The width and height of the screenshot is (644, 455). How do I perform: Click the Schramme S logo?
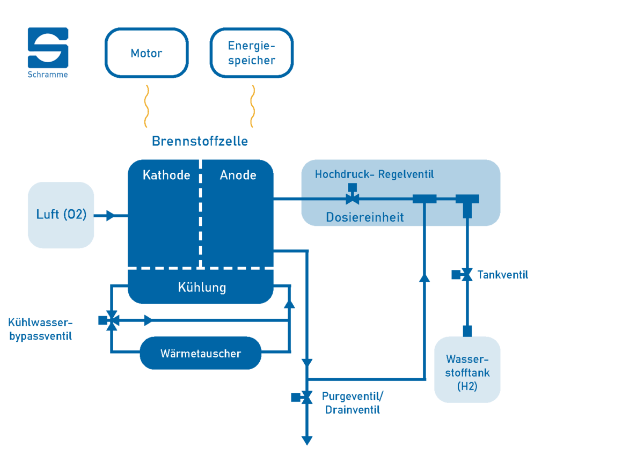coord(48,48)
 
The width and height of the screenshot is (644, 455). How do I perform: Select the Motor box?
coord(147,53)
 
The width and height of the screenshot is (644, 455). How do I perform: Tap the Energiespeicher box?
coord(252,53)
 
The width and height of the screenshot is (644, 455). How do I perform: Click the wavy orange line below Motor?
coord(147,106)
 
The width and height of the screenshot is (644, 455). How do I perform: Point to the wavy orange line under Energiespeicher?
coord(252,106)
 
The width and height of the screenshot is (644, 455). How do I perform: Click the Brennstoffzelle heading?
coord(200,141)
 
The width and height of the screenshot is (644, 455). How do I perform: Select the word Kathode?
coord(166,175)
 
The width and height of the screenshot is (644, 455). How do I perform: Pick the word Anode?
coord(238,175)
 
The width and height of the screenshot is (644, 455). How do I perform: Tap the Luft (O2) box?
coord(61,215)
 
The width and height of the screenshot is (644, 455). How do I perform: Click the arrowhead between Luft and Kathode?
coord(110,215)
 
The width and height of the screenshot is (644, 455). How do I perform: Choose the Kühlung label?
coord(202,287)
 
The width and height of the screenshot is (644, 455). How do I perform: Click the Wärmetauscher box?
coord(201,353)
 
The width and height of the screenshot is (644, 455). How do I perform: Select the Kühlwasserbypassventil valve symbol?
coord(108,320)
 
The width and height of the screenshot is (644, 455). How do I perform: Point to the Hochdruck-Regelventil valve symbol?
coord(352,194)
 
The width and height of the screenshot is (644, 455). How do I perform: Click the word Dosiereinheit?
coord(365,217)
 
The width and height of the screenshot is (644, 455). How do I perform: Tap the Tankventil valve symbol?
coord(462,275)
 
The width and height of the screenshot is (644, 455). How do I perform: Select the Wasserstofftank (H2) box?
coord(467,370)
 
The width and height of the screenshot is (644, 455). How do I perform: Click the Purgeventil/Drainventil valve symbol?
coord(302,397)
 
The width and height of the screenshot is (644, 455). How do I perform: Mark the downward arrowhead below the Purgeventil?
coord(307,441)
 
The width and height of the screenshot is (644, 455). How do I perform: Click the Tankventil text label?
coord(502,275)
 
